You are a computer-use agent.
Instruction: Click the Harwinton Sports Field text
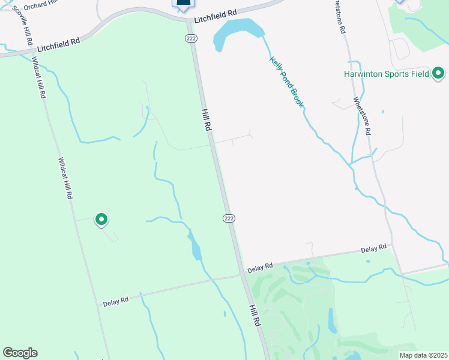click(386, 74)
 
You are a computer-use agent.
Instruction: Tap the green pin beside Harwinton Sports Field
click(439, 73)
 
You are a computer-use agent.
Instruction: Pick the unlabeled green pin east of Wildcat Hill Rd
click(101, 220)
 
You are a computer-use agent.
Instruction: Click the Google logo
click(20, 353)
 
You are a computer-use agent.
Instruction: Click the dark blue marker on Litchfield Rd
click(184, 4)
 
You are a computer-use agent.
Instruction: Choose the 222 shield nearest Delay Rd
click(228, 217)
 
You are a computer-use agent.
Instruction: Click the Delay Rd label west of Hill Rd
click(116, 300)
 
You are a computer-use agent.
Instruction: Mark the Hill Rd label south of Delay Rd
click(255, 314)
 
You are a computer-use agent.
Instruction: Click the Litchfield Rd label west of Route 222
click(58, 44)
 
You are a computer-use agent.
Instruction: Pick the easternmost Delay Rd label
click(373, 249)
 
